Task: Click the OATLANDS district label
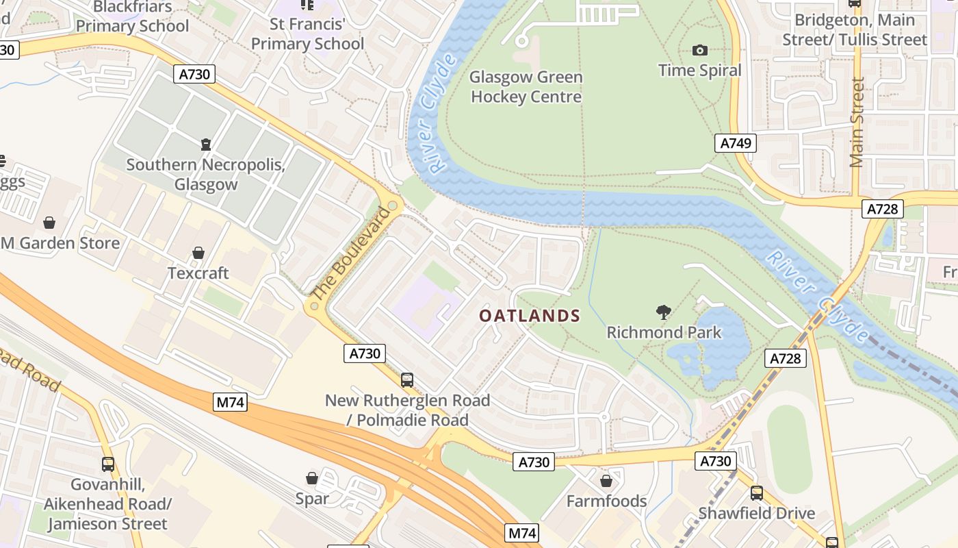point(529,316)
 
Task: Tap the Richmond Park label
point(664,333)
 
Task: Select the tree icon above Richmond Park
point(663,313)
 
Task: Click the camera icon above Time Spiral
point(699,50)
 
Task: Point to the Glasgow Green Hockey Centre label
point(526,87)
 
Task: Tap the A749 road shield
point(736,143)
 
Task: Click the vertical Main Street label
point(857,122)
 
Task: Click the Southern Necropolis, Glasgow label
point(205,175)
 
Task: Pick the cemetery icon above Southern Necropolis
point(205,145)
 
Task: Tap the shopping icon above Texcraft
point(198,253)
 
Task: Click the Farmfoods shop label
point(606,501)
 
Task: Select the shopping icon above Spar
point(312,478)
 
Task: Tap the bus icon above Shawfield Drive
point(756,493)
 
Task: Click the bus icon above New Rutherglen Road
point(407,379)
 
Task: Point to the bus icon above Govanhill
point(107,464)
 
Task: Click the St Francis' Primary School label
point(307,34)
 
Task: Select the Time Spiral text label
point(699,71)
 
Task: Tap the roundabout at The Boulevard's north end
point(392,206)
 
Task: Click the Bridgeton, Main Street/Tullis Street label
point(855,30)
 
